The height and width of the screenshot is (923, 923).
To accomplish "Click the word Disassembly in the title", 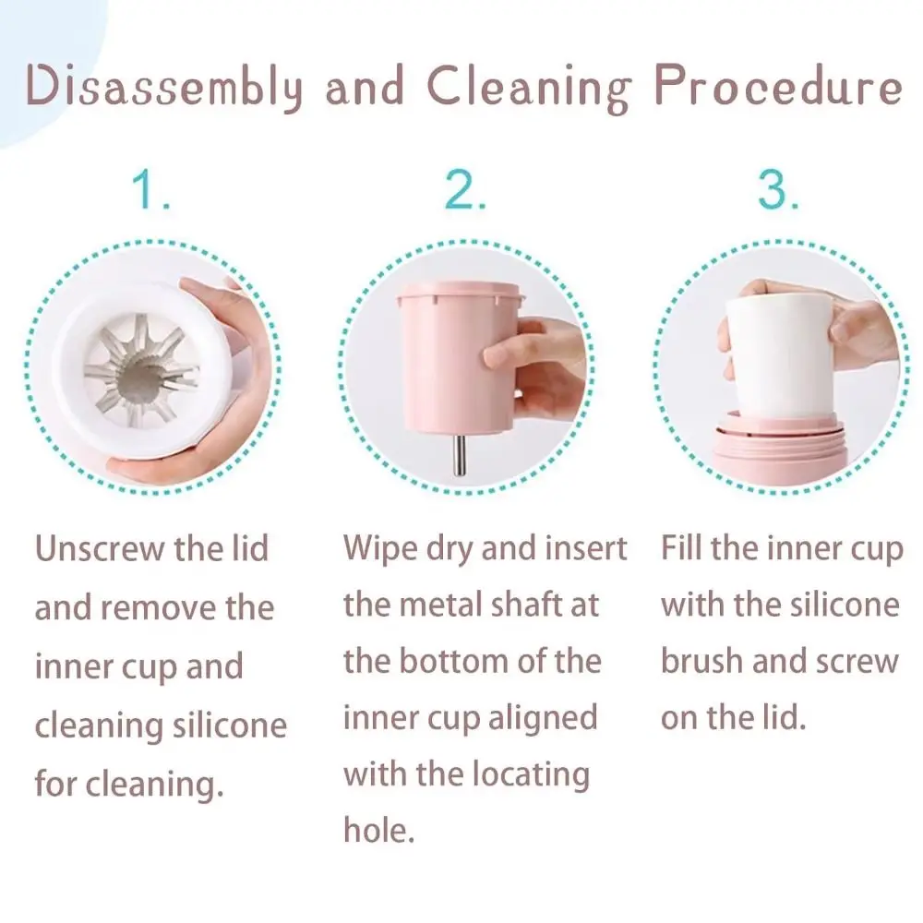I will [x=164, y=88].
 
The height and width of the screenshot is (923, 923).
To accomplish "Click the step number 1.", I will [x=150, y=191].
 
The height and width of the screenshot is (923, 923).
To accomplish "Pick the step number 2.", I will [x=465, y=191].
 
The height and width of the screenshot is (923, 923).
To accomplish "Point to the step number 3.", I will [x=778, y=191].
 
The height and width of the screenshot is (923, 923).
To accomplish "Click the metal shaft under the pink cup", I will [x=459, y=454].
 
